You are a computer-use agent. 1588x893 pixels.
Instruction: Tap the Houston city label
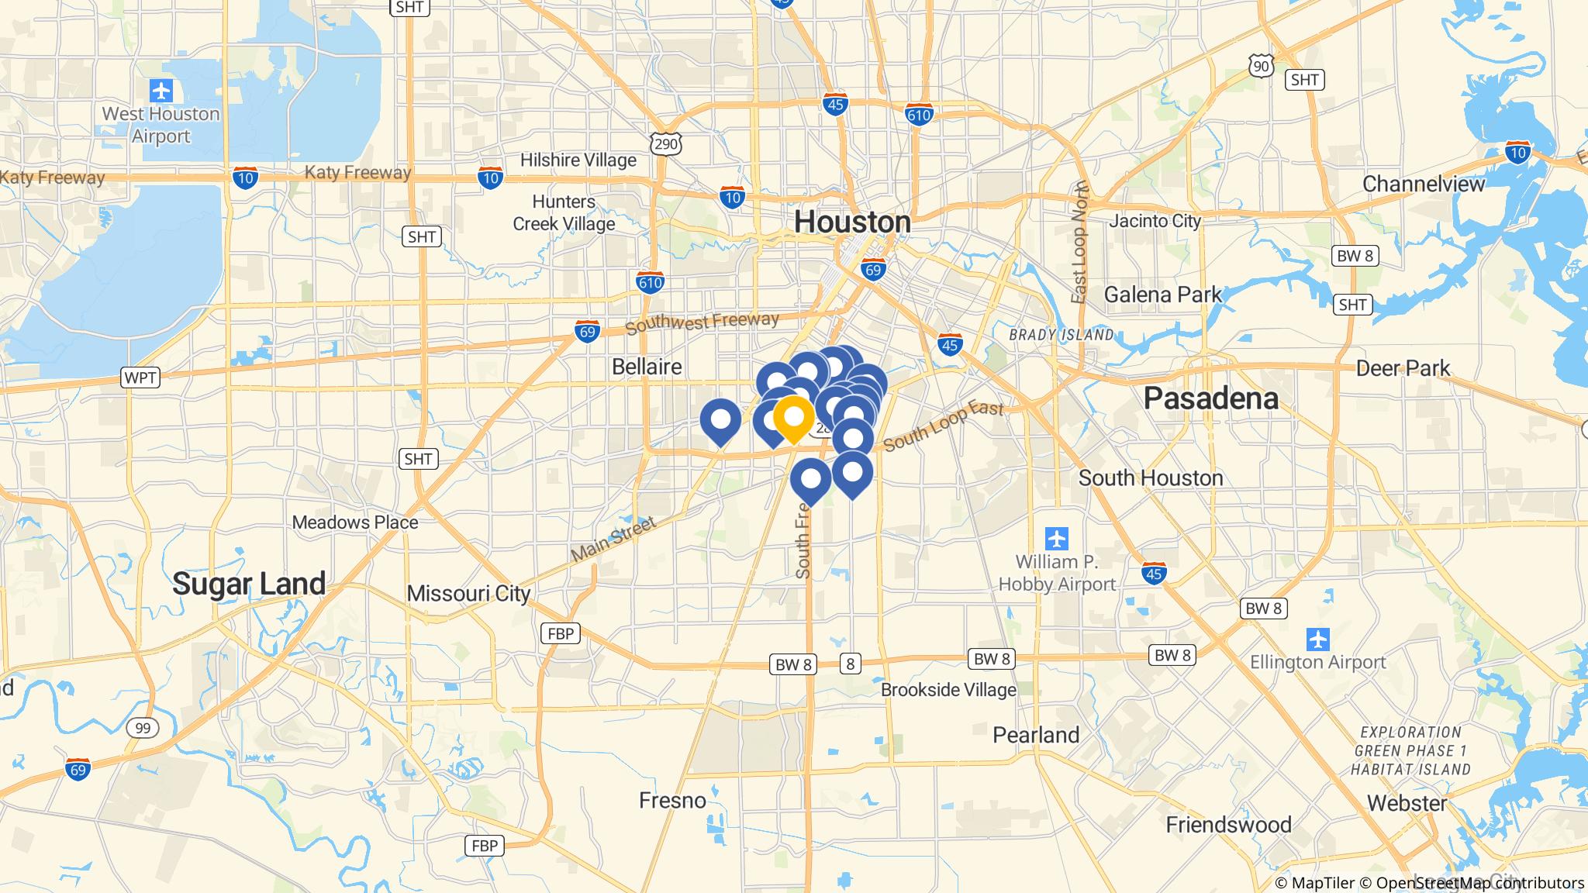(852, 222)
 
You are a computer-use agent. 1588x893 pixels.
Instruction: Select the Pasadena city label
(1210, 398)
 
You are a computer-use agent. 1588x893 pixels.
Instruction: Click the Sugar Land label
(248, 583)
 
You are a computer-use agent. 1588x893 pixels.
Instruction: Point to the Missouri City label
(468, 594)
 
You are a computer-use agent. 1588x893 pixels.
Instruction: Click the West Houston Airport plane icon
(161, 91)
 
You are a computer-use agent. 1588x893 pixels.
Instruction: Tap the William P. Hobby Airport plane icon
(1056, 538)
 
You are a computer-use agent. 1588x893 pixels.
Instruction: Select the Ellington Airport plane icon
(1317, 640)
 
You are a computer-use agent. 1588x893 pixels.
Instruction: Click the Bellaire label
(647, 367)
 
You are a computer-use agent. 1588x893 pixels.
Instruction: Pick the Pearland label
(1036, 735)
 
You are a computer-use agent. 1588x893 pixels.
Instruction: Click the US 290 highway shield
(667, 143)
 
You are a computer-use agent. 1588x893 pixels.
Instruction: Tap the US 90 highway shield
(1262, 67)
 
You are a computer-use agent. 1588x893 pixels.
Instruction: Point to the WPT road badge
(140, 378)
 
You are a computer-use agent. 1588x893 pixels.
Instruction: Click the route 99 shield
(143, 728)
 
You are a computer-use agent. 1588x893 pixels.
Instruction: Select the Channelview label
(1423, 184)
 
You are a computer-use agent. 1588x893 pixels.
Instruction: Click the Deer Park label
(1403, 367)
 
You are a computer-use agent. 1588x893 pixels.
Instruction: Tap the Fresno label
(672, 800)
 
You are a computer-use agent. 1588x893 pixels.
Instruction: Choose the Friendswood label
(1228, 824)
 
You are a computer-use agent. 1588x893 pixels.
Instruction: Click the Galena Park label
(1162, 295)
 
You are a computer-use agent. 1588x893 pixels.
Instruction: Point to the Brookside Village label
(948, 690)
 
